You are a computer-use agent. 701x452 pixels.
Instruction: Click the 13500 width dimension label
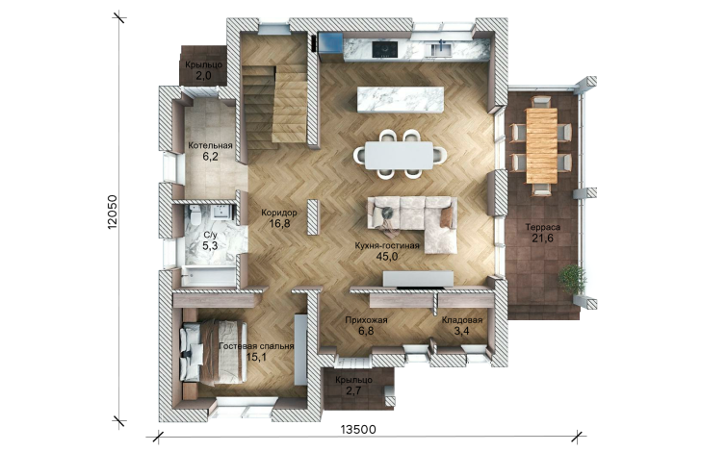coord(358,430)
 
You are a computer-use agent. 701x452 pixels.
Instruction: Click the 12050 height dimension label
coord(113,212)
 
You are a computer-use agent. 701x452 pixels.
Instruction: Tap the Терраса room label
coord(543,227)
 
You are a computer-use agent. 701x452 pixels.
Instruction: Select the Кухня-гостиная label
coord(387,245)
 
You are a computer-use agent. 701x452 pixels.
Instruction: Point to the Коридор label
coord(279,213)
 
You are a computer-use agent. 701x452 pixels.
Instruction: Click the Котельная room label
coord(210,145)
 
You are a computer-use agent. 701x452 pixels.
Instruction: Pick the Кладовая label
coord(462,320)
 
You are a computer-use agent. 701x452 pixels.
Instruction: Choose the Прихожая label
coord(366,320)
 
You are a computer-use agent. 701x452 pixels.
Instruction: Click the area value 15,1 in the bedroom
coord(256,357)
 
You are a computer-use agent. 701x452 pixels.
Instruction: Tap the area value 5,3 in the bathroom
coord(210,245)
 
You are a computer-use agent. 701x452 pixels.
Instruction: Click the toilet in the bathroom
coord(195,216)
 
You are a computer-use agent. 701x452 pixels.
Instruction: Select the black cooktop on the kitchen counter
coord(385,49)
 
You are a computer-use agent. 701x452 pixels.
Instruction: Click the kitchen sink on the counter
coord(440,49)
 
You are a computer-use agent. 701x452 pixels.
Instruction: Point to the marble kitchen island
coord(401,100)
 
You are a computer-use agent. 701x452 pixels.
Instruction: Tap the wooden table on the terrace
coord(541,145)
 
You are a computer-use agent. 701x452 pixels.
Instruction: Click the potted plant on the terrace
coord(572,279)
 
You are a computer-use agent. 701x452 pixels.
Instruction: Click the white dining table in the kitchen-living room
coord(399,156)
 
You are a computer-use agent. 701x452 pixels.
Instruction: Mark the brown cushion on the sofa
coord(446,217)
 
